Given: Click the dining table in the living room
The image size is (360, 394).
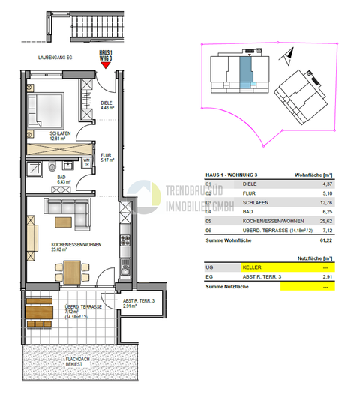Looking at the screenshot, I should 71,270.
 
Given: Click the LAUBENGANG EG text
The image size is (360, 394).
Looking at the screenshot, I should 49,57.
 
